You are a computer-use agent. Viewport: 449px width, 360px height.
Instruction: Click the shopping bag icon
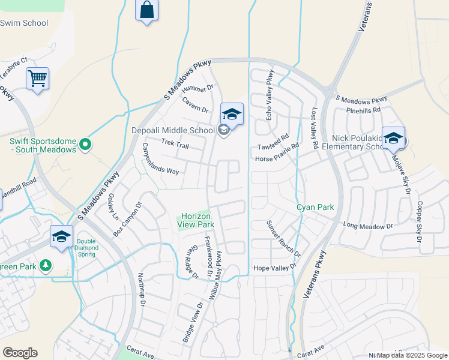click(146, 11)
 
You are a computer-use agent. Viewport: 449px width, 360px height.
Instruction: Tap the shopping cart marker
click(37, 78)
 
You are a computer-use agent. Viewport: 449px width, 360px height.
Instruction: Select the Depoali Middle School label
click(173, 130)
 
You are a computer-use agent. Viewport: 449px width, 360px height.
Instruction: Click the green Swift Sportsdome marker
click(85, 144)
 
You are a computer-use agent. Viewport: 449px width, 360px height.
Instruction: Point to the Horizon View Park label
click(196, 220)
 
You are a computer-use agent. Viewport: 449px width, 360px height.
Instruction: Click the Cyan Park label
click(315, 207)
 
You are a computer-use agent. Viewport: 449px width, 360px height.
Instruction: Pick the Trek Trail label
click(175, 143)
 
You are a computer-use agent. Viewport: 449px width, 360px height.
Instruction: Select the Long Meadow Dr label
click(367, 226)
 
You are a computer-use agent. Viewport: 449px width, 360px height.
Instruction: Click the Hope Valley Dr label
click(275, 268)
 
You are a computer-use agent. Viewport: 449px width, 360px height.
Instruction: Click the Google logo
click(20, 353)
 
